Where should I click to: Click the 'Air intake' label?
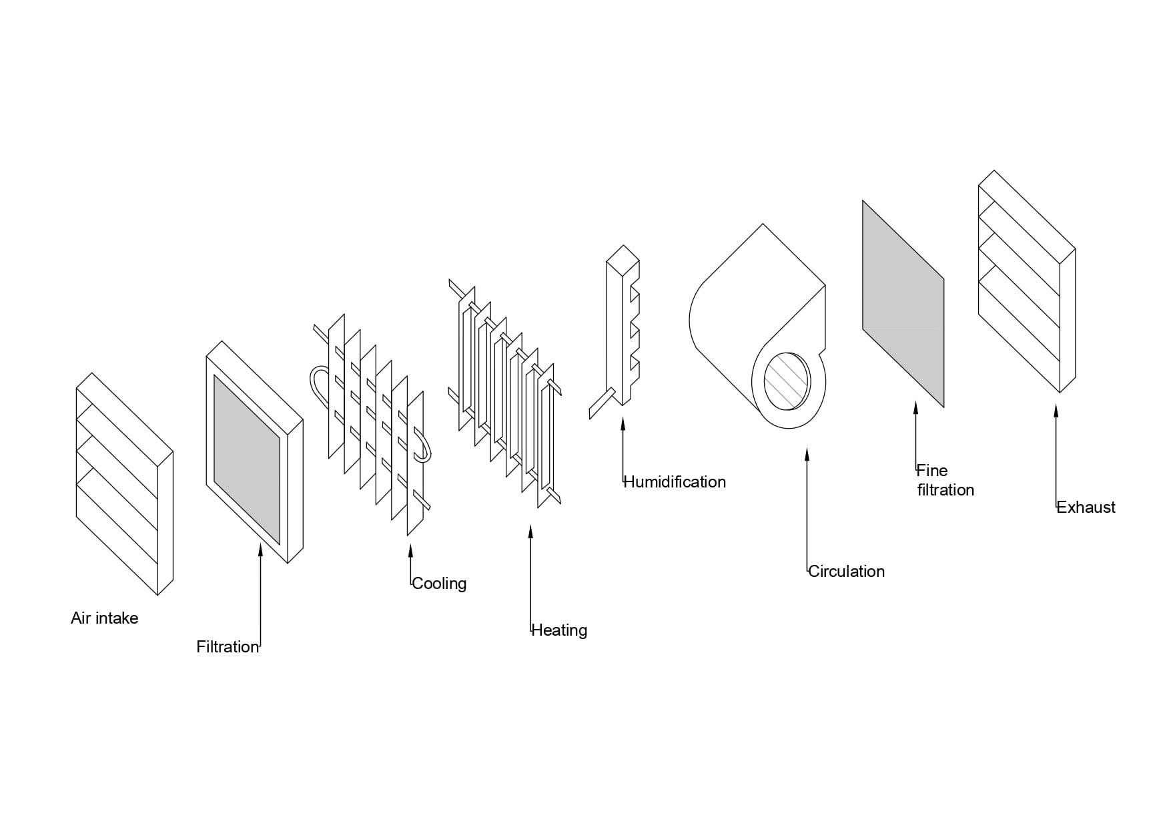pyautogui.click(x=104, y=618)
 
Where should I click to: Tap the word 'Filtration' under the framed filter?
pyautogui.click(x=227, y=647)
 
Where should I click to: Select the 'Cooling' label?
pyautogui.click(x=439, y=584)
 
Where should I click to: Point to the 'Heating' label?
pyautogui.click(x=559, y=630)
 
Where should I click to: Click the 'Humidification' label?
pyautogui.click(x=674, y=482)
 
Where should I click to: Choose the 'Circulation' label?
pyautogui.click(x=846, y=572)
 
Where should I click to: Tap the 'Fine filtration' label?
pyautogui.click(x=945, y=480)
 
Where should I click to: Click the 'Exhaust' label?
pyautogui.click(x=1086, y=507)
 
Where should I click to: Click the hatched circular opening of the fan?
pyautogui.click(x=787, y=381)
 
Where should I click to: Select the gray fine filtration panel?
pyautogui.click(x=903, y=304)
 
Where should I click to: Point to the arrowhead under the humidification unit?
pyautogui.click(x=623, y=423)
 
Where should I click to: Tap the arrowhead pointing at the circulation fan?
pyautogui.click(x=807, y=455)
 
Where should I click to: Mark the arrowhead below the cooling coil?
pyautogui.click(x=410, y=552)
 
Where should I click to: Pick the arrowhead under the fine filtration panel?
pyautogui.click(x=915, y=407)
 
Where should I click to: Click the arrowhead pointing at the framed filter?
pyautogui.click(x=260, y=549)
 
